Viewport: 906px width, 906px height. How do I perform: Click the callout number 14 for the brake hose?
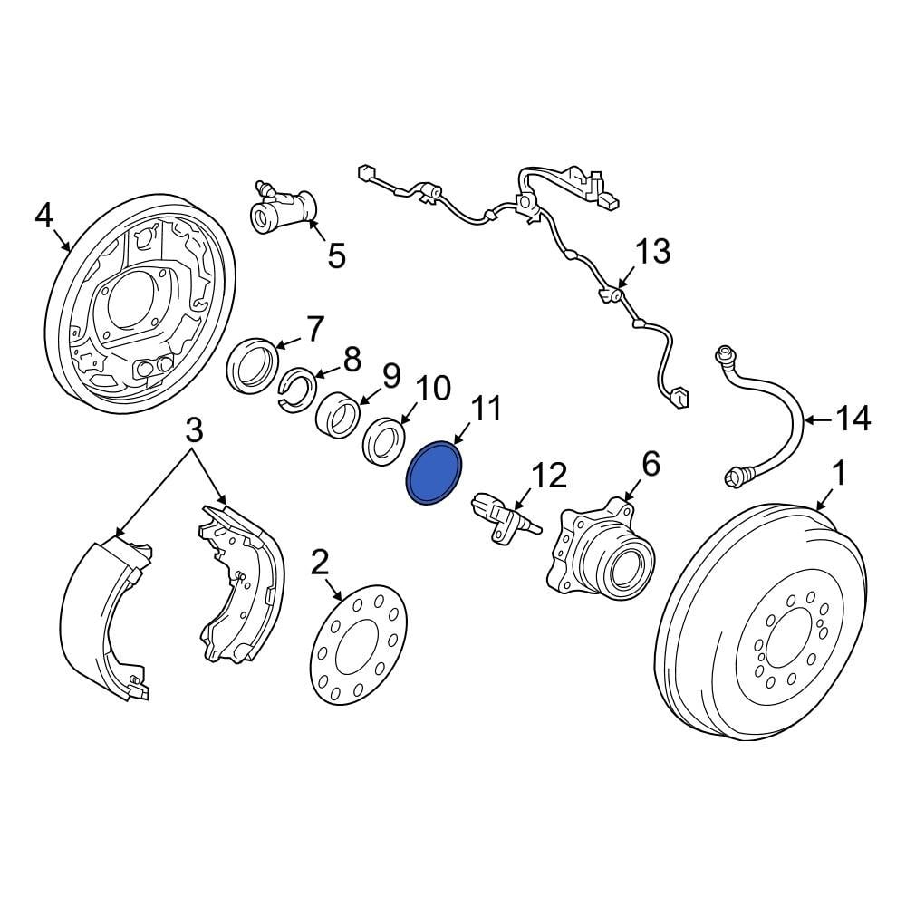pos(852,419)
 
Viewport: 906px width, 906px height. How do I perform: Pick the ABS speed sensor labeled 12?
pos(500,518)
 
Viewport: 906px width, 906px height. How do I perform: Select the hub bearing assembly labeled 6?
pos(602,554)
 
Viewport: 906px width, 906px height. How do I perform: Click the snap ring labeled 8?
pos(296,388)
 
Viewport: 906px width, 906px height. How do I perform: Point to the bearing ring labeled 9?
pos(340,414)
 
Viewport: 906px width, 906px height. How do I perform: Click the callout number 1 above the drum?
pos(839,472)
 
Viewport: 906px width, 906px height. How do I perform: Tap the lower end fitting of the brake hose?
pos(740,475)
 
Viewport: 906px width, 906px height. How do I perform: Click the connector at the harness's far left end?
pos(365,171)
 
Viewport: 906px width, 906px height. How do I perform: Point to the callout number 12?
pos(548,476)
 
